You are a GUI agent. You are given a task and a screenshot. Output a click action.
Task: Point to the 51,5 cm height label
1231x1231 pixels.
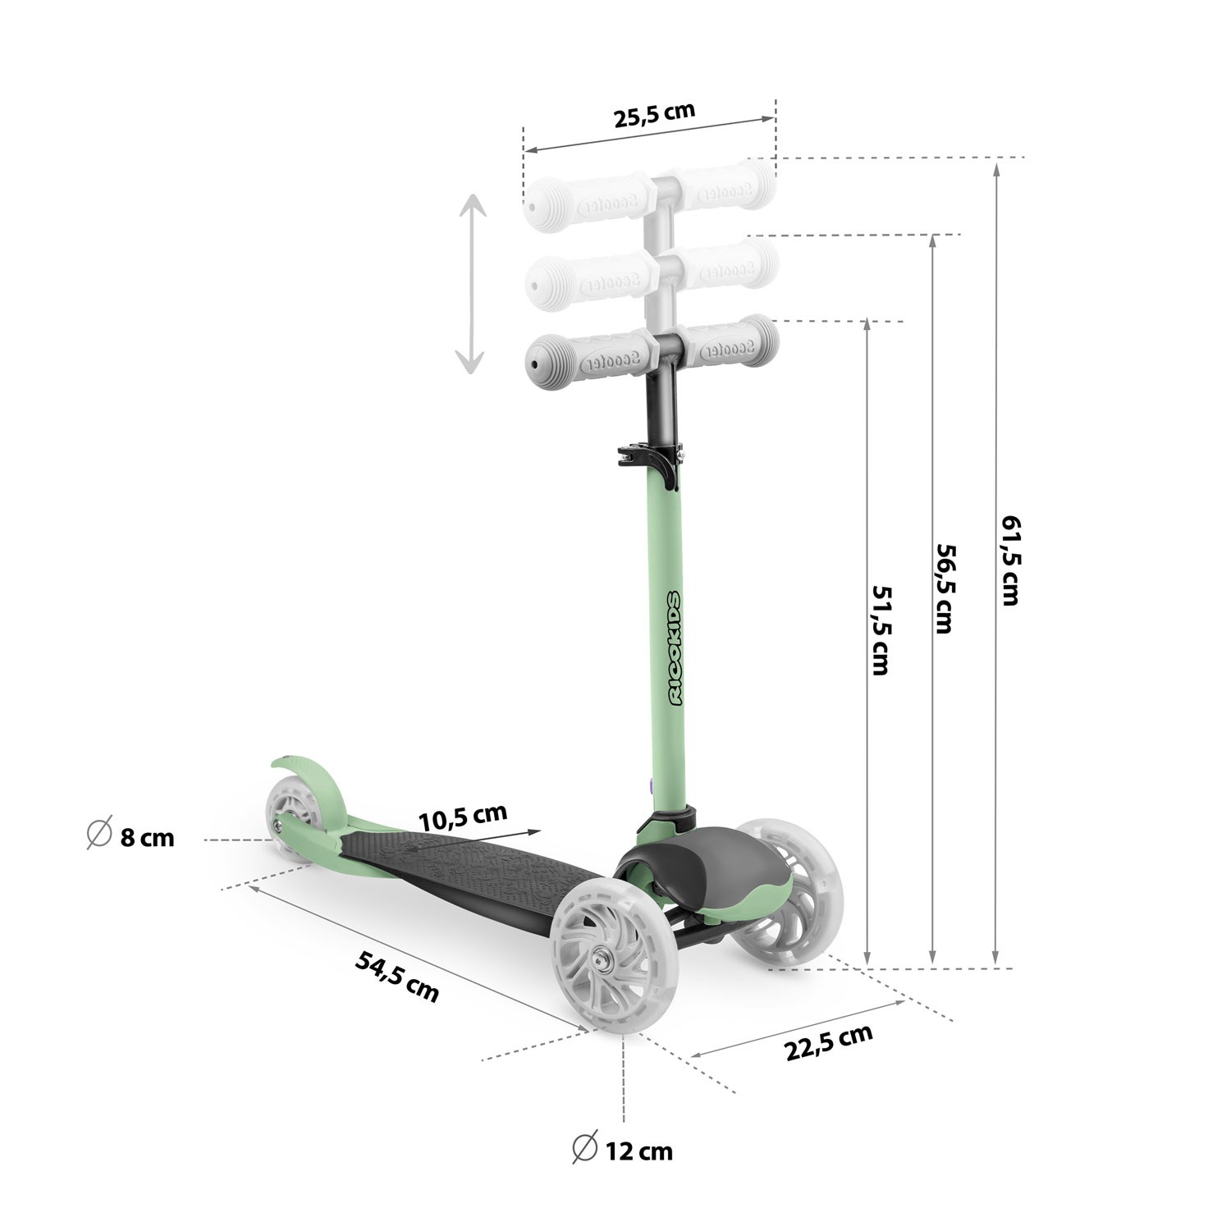coord(880,629)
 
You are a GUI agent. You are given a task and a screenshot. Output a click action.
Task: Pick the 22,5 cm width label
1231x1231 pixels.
coord(829,1042)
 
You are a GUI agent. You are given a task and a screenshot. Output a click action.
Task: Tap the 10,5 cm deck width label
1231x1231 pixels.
coord(462,817)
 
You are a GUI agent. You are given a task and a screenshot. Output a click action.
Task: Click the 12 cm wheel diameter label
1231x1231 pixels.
coord(623,1151)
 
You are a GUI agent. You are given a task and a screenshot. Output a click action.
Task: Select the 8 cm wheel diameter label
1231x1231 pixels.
coord(131,837)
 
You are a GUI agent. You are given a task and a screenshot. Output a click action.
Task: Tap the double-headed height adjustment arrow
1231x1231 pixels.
coord(471,284)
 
